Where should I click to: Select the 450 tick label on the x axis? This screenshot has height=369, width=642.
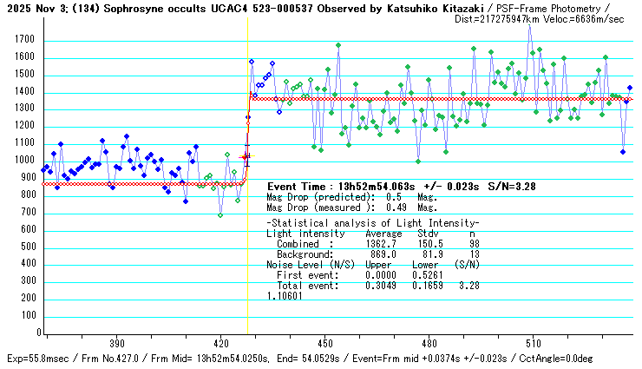[325, 344]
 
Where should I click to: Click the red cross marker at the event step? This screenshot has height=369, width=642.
[246, 157]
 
